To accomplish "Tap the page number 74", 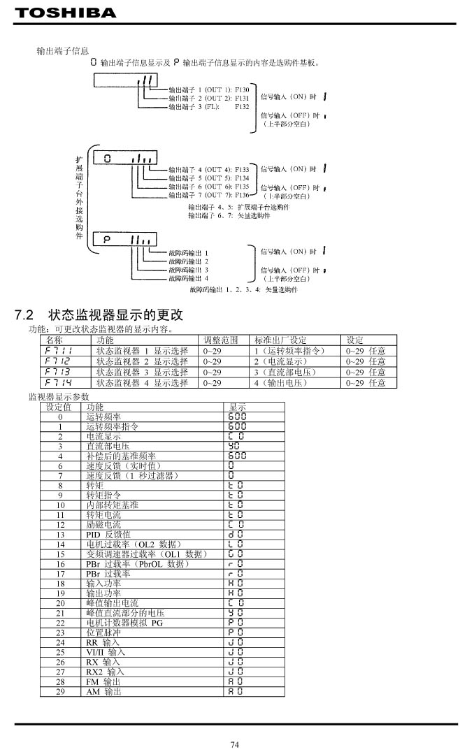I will tap(234, 744).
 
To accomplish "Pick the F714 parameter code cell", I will tap(59, 382).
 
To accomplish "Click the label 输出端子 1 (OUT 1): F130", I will tap(208, 90).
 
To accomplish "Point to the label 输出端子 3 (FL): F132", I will tap(208, 107).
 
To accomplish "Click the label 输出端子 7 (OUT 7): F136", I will tap(208, 195).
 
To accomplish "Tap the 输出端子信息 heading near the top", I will tap(63, 51).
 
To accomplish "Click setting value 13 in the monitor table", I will tap(60, 534).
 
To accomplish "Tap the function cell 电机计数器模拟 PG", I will tap(124, 622).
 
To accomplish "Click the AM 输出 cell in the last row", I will tap(103, 691).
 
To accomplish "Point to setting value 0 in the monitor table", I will tap(60, 416).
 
